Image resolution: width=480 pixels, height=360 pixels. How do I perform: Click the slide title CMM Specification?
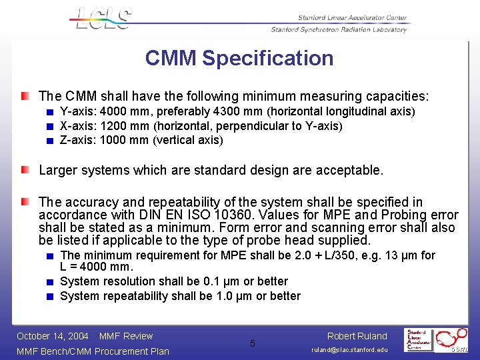point(239,58)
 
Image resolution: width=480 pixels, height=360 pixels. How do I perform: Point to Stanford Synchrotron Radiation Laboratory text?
point(339,29)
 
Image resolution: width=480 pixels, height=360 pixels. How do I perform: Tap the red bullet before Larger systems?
point(25,169)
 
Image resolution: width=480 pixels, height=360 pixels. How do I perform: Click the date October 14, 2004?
point(53,336)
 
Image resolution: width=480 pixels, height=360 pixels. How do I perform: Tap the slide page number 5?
point(253,343)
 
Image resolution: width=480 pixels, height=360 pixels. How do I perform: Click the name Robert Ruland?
point(357,336)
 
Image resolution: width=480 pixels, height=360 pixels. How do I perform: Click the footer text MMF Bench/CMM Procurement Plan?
point(93,351)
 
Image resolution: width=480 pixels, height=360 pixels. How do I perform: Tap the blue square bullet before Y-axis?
point(49,112)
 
